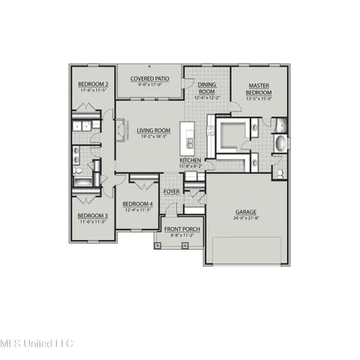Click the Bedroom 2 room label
click(x=92, y=85)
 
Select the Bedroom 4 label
click(x=137, y=204)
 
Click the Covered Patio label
click(x=149, y=78)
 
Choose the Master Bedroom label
click(x=259, y=89)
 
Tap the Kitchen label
click(x=190, y=160)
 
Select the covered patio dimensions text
click(x=149, y=85)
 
